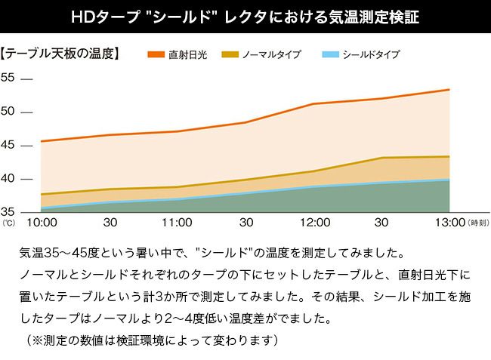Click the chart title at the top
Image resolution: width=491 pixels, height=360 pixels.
coord(246,16)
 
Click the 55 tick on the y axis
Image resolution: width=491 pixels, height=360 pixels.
coord(8,78)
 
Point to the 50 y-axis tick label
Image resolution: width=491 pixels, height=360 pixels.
coord(8,112)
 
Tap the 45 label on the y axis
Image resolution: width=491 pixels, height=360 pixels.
coord(8,145)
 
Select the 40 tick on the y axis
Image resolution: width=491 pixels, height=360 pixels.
coord(8,179)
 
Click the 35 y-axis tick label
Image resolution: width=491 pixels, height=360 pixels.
coord(8,211)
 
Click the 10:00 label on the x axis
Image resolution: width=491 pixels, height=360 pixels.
coord(42,223)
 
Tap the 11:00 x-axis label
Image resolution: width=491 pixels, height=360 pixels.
coord(177,223)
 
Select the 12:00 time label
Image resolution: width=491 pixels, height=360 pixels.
coord(315,223)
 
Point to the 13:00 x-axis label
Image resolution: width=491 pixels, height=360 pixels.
coord(449,223)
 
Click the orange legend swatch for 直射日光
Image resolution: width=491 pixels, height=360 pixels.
coord(156,55)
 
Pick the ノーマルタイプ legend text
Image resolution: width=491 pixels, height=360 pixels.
coord(272,55)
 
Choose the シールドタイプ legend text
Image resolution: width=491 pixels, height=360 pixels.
coord(371,55)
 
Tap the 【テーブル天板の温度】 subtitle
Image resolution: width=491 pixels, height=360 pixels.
coord(62,55)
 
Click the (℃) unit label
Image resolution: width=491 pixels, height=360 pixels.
coord(8,223)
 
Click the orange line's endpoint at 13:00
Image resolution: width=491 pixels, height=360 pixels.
coord(449,90)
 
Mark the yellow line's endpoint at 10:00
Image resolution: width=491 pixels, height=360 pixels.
coord(42,194)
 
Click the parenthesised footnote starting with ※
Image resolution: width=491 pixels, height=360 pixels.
coord(152,341)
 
